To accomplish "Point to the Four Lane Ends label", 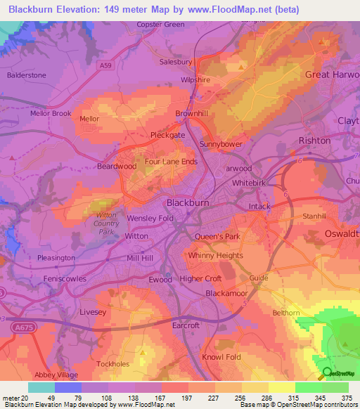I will tap(171, 161).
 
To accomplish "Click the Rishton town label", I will tap(314, 141).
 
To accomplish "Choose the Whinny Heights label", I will tap(215, 256).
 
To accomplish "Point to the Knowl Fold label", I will tap(222, 357).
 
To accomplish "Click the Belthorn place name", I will tap(286, 313).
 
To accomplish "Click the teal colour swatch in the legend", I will tap(41, 387).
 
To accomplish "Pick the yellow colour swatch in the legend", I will tap(282, 387).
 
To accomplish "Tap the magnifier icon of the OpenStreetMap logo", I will tap(326, 374).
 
